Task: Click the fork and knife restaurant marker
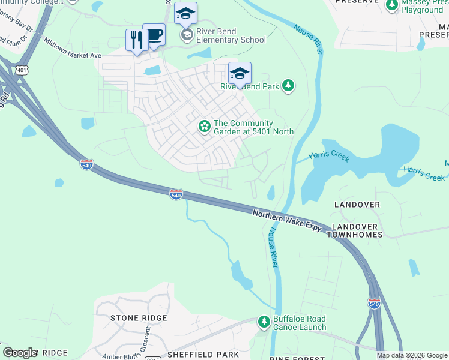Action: [137, 40]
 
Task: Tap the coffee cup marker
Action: [154, 35]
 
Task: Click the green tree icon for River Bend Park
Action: [288, 86]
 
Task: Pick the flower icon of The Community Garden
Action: [205, 126]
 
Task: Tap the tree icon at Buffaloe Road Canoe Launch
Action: [264, 322]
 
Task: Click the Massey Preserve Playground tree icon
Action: [392, 5]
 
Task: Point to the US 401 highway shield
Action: [22, 70]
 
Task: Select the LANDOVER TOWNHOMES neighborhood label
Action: [354, 230]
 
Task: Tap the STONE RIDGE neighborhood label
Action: [139, 317]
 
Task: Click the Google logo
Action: [20, 353]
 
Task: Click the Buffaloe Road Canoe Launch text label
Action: [300, 323]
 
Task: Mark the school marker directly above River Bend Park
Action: [240, 74]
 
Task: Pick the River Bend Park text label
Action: [250, 86]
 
